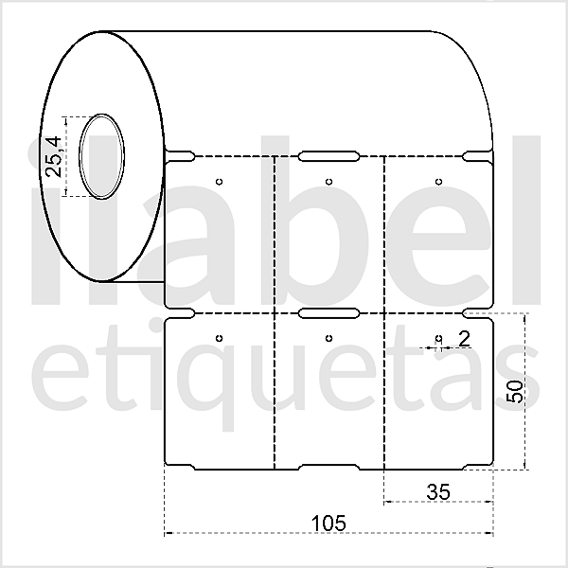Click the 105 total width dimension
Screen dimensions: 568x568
pyautogui.click(x=328, y=522)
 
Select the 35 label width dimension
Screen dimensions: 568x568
pyautogui.click(x=437, y=490)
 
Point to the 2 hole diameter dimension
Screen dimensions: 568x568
pyautogui.click(x=464, y=338)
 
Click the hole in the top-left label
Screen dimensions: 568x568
pyautogui.click(x=219, y=181)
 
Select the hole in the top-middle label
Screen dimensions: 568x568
pyautogui.click(x=328, y=181)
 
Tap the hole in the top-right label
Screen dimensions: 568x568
pyautogui.click(x=438, y=181)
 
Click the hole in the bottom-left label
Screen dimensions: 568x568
pyautogui.click(x=219, y=338)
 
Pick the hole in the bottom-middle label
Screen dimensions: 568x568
pyautogui.click(x=328, y=338)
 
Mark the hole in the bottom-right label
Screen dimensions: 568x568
pyautogui.click(x=438, y=338)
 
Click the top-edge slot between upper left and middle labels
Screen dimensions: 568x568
pyautogui.click(x=328, y=153)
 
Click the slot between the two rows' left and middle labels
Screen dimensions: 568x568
pyautogui.click(x=328, y=311)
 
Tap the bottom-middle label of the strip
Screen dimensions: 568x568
pyautogui.click(x=328, y=407)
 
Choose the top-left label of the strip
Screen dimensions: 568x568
pyautogui.click(x=219, y=237)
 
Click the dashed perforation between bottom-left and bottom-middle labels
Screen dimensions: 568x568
pyautogui.click(x=274, y=398)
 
